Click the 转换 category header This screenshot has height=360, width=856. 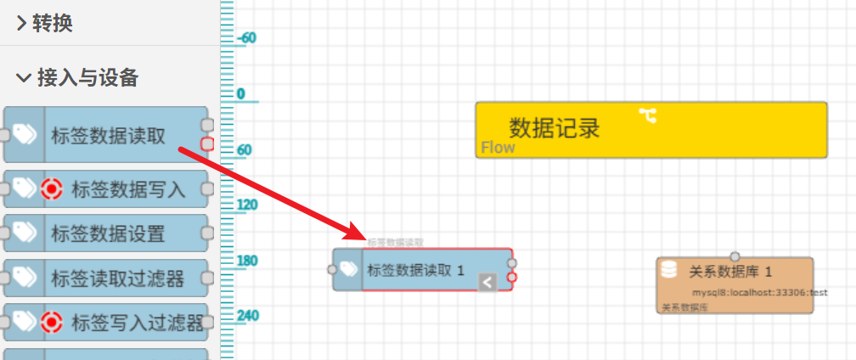click(x=52, y=24)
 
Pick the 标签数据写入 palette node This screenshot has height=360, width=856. click(x=127, y=189)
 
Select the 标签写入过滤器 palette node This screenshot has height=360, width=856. click(x=136, y=322)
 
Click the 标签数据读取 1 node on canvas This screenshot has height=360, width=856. click(x=415, y=270)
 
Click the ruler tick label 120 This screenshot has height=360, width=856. click(x=247, y=205)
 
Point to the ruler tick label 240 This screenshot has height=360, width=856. click(x=248, y=316)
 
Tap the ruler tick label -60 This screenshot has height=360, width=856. click(x=247, y=38)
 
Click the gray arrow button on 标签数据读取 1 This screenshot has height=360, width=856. click(x=487, y=282)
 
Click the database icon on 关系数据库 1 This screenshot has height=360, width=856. click(x=669, y=270)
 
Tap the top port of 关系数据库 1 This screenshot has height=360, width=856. click(x=735, y=256)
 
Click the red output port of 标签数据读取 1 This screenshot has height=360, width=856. click(x=512, y=277)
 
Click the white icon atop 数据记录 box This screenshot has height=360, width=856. click(x=648, y=115)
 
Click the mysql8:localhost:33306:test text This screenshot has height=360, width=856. click(x=759, y=292)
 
